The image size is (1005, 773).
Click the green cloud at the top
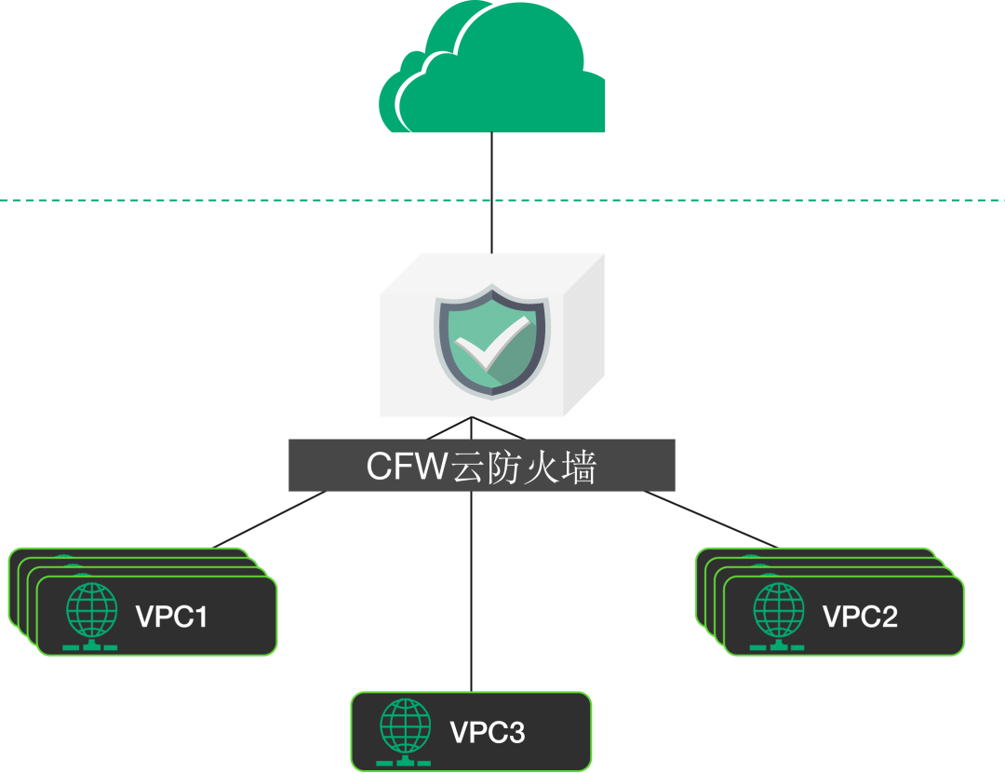(x=493, y=75)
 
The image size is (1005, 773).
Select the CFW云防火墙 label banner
(x=481, y=465)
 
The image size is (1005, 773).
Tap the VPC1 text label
(x=172, y=617)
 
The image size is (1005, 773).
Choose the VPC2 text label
(x=860, y=617)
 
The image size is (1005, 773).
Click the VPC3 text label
(x=488, y=733)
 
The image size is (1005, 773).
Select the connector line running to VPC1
(x=270, y=520)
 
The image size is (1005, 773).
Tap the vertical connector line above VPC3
(x=472, y=596)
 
